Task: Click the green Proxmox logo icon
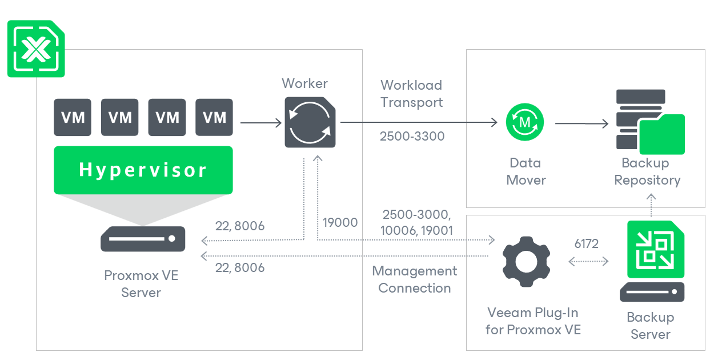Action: [36, 49]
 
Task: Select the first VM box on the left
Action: [73, 118]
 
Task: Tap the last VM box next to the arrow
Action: [214, 118]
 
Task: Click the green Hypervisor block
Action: [143, 169]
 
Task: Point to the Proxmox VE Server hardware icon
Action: [143, 239]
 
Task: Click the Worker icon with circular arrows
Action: [310, 122]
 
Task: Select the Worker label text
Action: [305, 83]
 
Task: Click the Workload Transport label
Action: [411, 94]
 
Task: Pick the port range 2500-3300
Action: [412, 137]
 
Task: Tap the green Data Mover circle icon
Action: [525, 122]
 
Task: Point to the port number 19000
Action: [340, 223]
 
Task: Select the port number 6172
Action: [587, 244]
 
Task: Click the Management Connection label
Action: [415, 279]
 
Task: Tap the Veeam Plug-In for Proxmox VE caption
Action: [532, 321]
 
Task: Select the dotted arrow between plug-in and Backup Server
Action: [588, 262]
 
